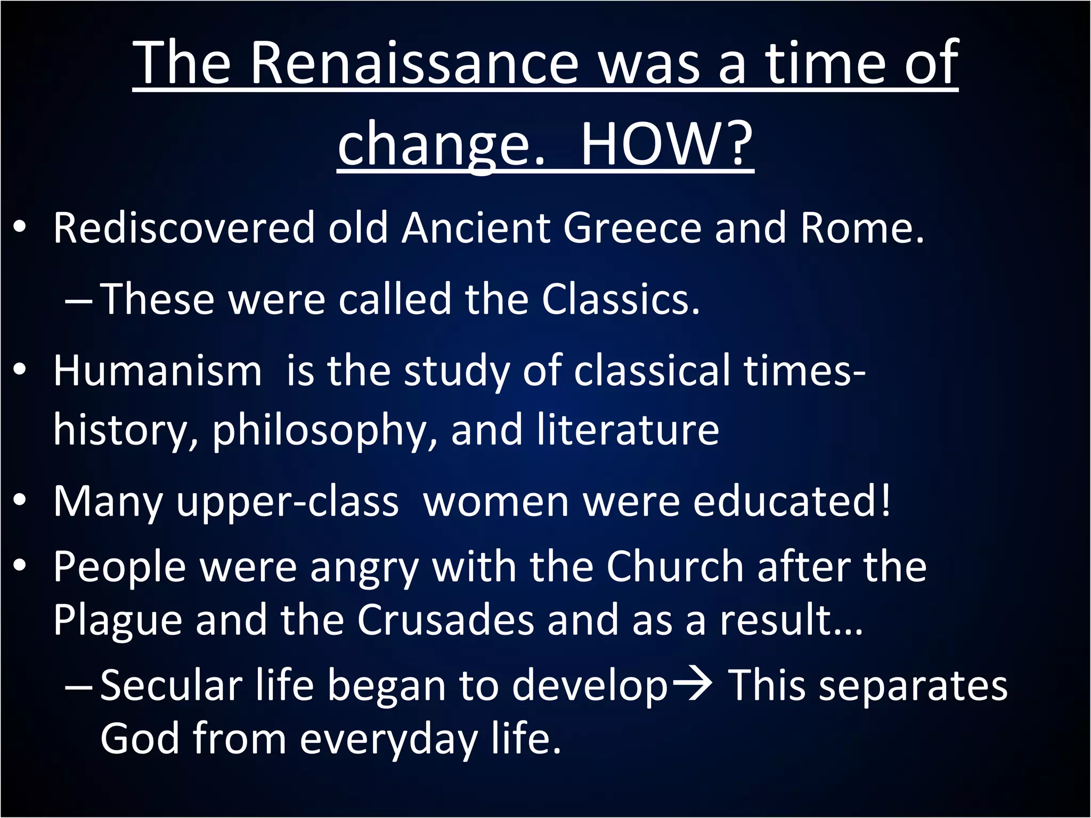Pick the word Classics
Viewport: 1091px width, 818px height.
[x=620, y=299]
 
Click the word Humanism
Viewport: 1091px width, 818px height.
[x=158, y=371]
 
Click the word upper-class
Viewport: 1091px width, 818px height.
[x=287, y=502]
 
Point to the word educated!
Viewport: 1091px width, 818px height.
[x=792, y=501]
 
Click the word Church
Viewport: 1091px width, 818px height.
[x=674, y=567]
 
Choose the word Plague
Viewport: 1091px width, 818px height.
[x=118, y=621]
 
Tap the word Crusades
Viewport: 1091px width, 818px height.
[x=445, y=620]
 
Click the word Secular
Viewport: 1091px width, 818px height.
[x=171, y=686]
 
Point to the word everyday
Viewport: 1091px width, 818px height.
[x=388, y=740]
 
